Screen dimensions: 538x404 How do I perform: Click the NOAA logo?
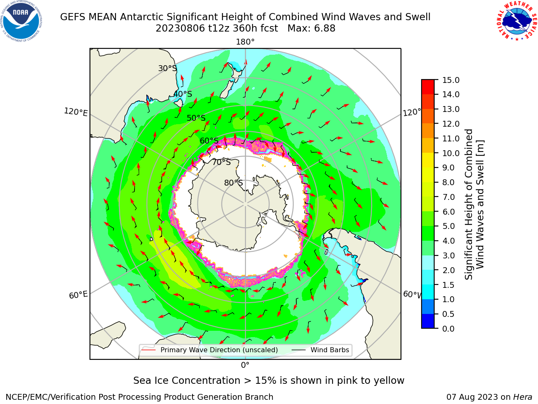[x=21, y=21]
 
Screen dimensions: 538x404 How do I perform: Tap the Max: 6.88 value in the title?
[x=311, y=29]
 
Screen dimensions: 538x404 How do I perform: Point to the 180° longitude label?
[x=245, y=42]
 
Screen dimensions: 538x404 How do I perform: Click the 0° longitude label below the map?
[x=245, y=365]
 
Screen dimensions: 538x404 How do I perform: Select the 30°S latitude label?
[x=167, y=68]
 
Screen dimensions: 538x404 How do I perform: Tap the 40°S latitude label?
[x=183, y=94]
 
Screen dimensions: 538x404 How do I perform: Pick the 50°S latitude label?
[x=196, y=118]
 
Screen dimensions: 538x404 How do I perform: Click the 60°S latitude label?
[x=209, y=141]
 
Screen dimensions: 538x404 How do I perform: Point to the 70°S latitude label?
[x=222, y=162]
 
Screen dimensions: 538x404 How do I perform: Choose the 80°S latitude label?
[x=233, y=183]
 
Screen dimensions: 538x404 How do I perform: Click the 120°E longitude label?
[x=76, y=112]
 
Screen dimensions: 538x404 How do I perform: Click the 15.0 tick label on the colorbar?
[x=451, y=80]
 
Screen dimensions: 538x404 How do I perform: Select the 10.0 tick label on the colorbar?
[x=451, y=153]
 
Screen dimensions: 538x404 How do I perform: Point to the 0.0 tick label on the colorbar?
[x=448, y=329]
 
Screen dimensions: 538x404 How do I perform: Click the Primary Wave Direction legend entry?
[x=210, y=350]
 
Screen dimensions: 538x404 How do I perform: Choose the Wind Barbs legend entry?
[x=320, y=350]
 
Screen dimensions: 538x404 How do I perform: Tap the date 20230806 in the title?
[x=180, y=29]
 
